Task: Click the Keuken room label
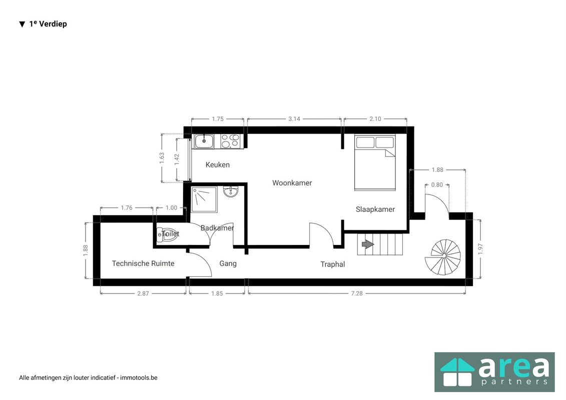(217, 164)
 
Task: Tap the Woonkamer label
(292, 183)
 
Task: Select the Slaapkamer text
(375, 209)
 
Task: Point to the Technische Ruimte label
(143, 263)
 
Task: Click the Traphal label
(332, 264)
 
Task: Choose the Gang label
(228, 263)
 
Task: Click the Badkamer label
(217, 228)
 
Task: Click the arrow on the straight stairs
(367, 244)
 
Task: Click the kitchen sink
(204, 141)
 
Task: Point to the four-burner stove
(230, 141)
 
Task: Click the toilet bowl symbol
(165, 234)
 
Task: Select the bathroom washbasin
(232, 192)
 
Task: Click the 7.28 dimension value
(356, 293)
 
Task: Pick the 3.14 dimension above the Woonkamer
(294, 119)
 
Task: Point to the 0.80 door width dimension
(436, 184)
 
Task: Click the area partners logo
(494, 371)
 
